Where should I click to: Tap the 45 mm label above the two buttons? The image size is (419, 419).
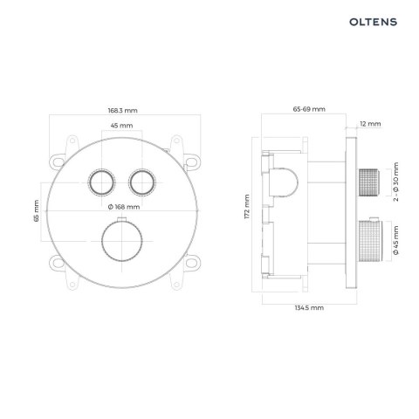(121, 127)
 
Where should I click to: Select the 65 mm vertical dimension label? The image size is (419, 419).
(37, 211)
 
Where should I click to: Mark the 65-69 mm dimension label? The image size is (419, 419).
(308, 109)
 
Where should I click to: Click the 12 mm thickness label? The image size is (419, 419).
(370, 125)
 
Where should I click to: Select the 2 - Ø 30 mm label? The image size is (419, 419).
(395, 183)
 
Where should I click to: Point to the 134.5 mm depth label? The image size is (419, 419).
(308, 308)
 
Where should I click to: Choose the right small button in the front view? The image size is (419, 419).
(141, 182)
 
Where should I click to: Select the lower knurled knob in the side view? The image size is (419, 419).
(371, 240)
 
